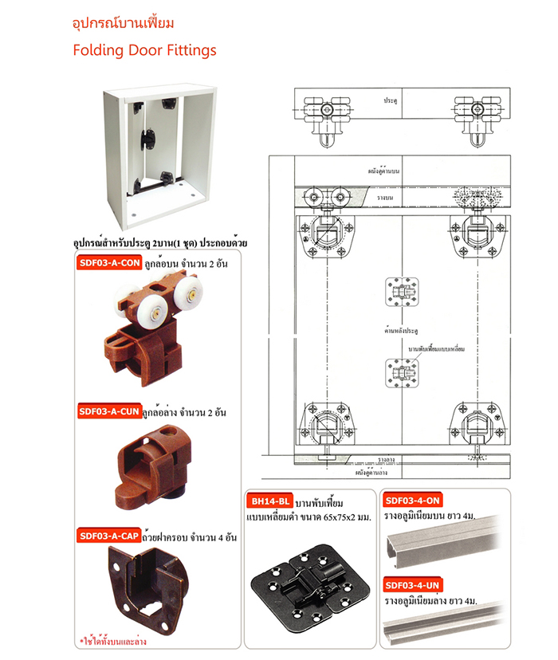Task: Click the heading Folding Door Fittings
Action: (144, 50)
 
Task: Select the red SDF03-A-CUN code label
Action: (108, 411)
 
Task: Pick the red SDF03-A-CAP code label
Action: (108, 536)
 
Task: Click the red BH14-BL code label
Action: (269, 503)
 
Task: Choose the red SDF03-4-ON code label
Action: (411, 501)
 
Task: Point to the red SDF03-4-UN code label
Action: (411, 585)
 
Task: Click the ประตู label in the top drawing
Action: (390, 102)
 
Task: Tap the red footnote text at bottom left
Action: (113, 640)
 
